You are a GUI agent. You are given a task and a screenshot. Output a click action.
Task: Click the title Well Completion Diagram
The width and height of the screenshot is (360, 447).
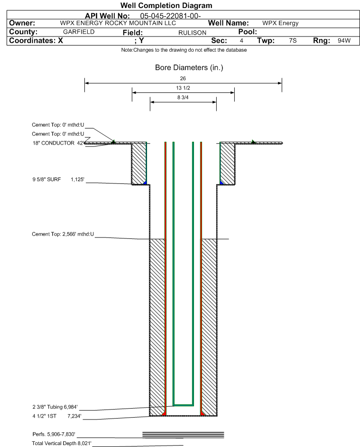click(x=166, y=5)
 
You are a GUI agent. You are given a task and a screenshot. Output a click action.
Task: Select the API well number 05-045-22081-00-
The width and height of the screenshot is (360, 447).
click(x=170, y=16)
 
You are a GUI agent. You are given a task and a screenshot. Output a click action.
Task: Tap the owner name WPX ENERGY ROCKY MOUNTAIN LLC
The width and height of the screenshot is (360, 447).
click(x=118, y=23)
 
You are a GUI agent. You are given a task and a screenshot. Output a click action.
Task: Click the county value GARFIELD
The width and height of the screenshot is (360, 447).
click(x=79, y=32)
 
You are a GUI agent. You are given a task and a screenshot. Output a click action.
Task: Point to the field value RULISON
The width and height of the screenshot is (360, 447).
click(x=192, y=33)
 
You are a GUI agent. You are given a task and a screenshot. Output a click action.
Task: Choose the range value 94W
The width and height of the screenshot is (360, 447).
click(x=344, y=40)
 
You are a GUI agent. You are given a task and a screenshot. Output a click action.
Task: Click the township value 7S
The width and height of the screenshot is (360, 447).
click(x=293, y=40)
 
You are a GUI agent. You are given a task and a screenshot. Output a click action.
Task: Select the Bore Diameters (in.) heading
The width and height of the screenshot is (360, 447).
click(x=189, y=68)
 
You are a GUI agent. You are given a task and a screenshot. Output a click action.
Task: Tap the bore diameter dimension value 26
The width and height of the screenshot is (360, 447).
click(x=183, y=78)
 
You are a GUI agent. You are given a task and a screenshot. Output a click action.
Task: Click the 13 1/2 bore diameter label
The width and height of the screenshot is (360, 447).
click(x=183, y=88)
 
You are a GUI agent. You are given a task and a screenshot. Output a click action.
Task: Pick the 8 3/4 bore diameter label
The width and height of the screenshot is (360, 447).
click(x=183, y=98)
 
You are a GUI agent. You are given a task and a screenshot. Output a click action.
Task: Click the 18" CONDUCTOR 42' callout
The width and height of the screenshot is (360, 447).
click(x=58, y=143)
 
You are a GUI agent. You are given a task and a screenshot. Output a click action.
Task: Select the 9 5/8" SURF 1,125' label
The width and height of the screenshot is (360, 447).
click(x=58, y=179)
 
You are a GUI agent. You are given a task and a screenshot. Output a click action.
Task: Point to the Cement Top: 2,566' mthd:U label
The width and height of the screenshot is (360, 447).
click(x=63, y=234)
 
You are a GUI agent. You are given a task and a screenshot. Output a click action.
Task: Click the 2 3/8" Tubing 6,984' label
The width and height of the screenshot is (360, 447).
click(x=55, y=407)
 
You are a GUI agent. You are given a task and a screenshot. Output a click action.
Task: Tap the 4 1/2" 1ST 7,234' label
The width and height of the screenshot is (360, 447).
click(x=57, y=416)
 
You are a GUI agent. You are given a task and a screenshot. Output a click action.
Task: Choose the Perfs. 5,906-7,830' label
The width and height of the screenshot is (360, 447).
click(x=54, y=434)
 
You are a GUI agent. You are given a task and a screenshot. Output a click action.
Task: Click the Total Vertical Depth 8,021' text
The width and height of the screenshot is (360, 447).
click(x=62, y=443)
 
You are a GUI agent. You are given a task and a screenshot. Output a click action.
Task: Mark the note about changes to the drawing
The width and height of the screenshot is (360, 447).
click(x=184, y=50)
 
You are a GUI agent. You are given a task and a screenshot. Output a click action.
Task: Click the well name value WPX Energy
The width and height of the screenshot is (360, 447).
click(x=280, y=23)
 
